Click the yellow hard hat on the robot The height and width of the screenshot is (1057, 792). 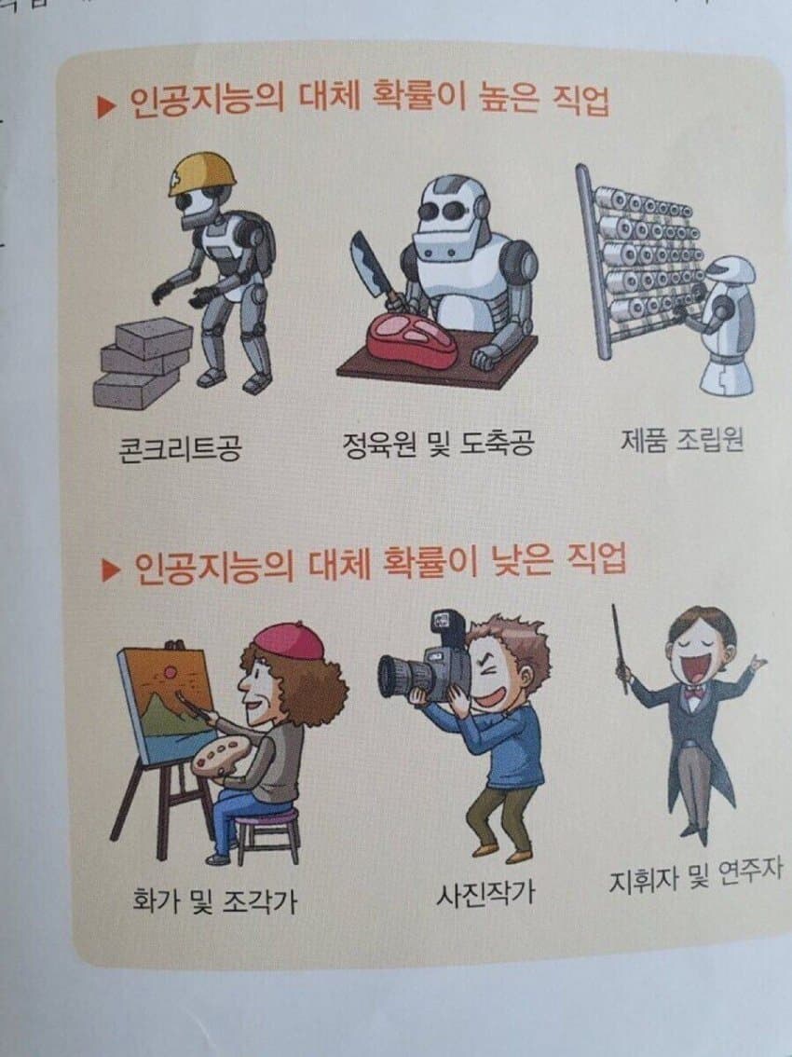tap(200, 173)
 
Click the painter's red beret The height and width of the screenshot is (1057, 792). tap(288, 640)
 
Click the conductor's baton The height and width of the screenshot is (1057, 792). tap(620, 647)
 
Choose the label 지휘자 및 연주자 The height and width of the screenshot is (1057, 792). tap(694, 876)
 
